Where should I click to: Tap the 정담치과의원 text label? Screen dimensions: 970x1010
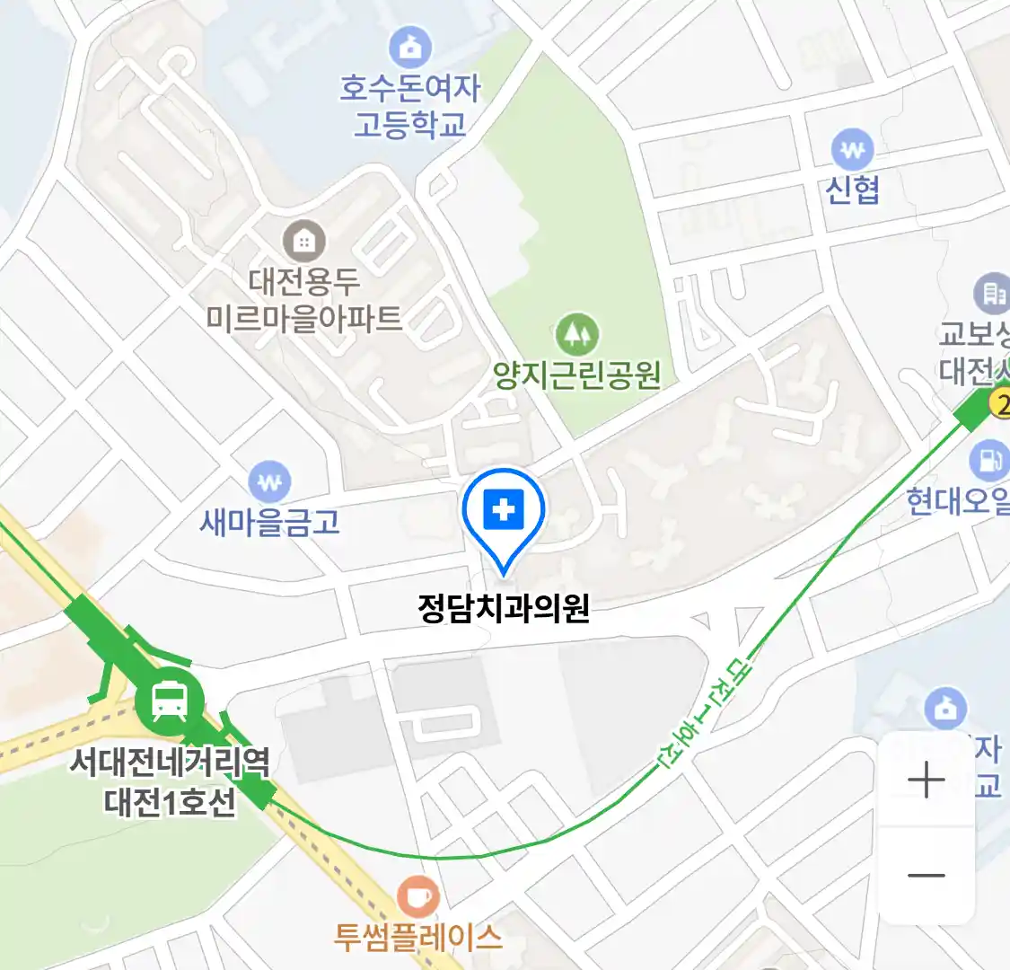504,608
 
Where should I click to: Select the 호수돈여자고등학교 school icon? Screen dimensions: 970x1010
410,48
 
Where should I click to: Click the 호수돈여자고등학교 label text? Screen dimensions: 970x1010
410,106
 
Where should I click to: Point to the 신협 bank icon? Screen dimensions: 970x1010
852,150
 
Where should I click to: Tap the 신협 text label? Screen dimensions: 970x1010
852,190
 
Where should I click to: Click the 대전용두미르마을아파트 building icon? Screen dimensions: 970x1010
304,241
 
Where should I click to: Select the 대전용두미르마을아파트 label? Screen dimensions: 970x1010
304,300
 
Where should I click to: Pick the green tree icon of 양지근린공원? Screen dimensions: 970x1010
576,334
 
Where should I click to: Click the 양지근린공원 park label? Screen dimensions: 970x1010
577,375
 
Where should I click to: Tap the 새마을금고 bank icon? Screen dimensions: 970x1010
269,482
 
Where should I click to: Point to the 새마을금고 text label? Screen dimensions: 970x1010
269,522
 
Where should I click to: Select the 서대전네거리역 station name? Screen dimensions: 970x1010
170,763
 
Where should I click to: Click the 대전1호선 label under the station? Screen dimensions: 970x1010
170,801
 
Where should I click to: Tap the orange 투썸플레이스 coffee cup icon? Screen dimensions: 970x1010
417,896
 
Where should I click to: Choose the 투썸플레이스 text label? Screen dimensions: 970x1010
417,938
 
